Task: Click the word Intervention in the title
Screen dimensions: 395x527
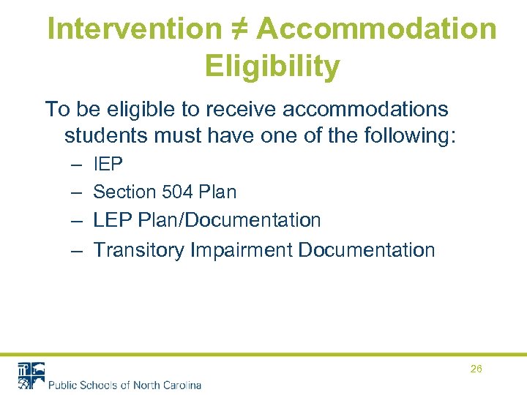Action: (133, 29)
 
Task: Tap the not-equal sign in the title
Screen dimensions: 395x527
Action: (238, 29)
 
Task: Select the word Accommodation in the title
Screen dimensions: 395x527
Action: (376, 29)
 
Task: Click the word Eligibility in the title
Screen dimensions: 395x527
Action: (272, 67)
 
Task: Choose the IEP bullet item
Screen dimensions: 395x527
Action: (108, 165)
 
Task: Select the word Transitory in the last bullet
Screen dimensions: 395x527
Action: (139, 250)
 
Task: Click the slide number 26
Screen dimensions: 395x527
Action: (476, 369)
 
